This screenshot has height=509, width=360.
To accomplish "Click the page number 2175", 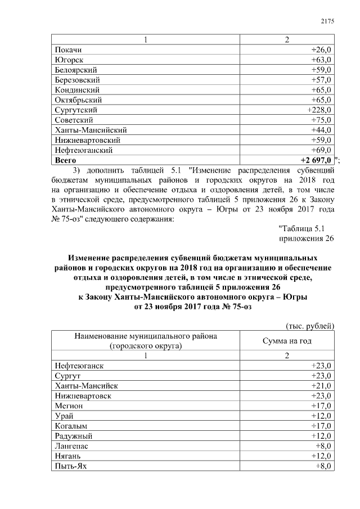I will tap(327, 21).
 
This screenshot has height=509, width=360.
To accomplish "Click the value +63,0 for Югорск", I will tap(321, 60).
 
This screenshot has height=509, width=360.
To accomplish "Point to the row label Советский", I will tap(74, 120).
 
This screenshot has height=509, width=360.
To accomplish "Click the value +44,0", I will tap(321, 130).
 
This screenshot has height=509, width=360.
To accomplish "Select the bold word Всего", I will tap(66, 161).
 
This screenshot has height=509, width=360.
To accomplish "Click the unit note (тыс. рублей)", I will tap(310, 326).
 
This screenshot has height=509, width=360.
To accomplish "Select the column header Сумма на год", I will tap(287, 341).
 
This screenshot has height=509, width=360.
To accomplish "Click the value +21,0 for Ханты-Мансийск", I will tap(321, 386).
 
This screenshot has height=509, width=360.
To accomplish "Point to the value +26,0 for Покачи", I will tap(321, 50).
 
